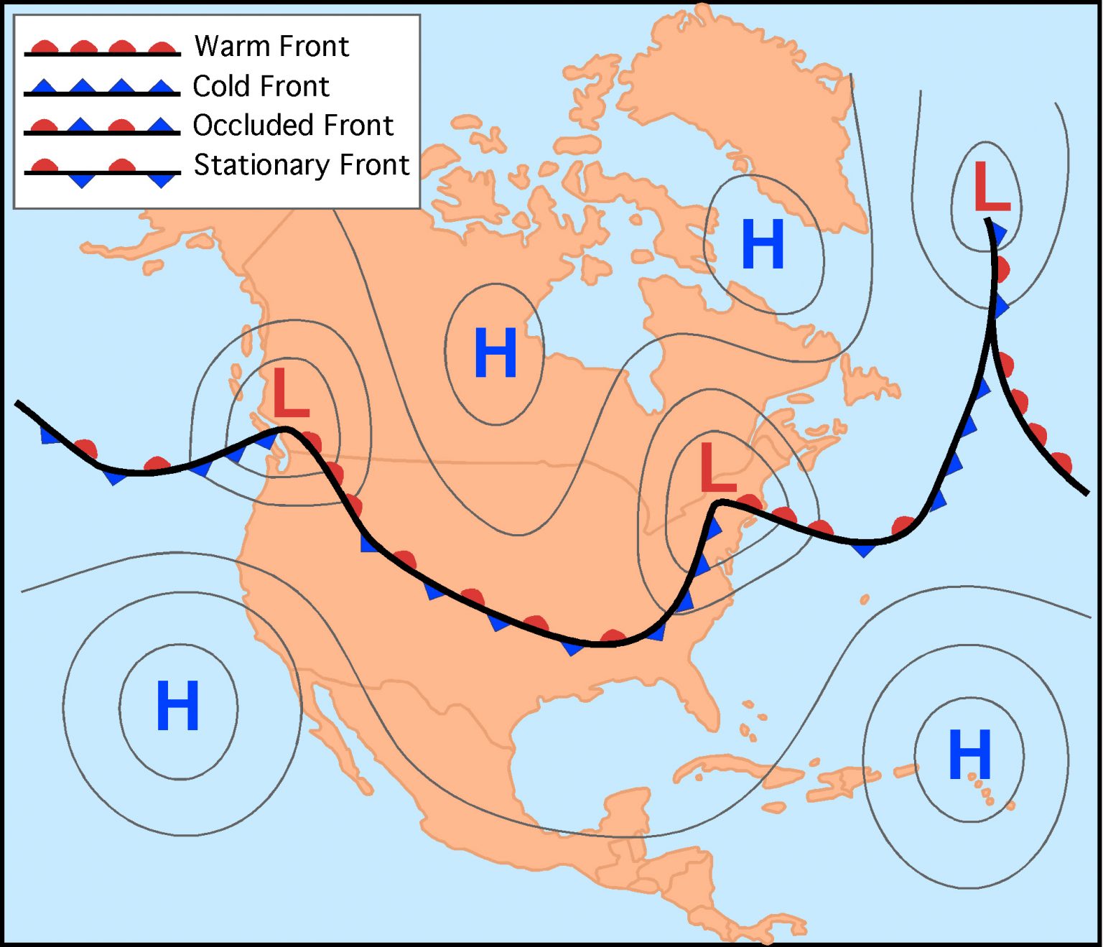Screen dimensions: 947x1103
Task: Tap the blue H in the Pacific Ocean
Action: pyautogui.click(x=177, y=705)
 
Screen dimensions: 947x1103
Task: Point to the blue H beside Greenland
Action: pyautogui.click(x=762, y=244)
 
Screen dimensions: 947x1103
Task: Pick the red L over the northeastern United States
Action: pyautogui.click(x=717, y=467)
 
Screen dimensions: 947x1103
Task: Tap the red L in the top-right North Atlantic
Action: pyautogui.click(x=991, y=186)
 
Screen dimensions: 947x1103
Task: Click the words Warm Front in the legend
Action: pyautogui.click(x=271, y=46)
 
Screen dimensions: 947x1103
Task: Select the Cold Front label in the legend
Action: pyautogui.click(x=261, y=86)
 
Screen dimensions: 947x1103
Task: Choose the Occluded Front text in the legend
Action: pyautogui.click(x=293, y=125)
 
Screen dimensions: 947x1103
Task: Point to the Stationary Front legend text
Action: pyautogui.click(x=302, y=164)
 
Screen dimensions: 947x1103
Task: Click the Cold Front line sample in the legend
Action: pyautogui.click(x=102, y=89)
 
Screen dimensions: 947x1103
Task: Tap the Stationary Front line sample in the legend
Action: pyautogui.click(x=102, y=172)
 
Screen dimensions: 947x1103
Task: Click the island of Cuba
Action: pyautogui.click(x=740, y=772)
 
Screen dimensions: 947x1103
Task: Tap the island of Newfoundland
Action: pyautogui.click(x=869, y=377)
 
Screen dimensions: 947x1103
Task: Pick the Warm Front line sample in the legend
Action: pyautogui.click(x=102, y=50)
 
